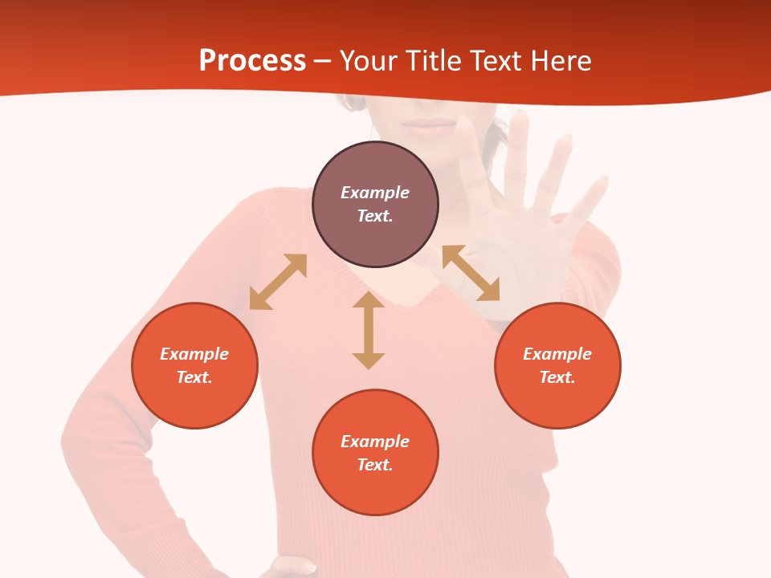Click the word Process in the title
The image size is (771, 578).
pos(252,61)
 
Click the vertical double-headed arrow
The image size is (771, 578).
pos(369,330)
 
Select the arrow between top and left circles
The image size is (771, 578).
pos(278,282)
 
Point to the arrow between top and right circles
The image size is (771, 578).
pos(471,273)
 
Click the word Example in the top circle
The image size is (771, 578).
pos(375,193)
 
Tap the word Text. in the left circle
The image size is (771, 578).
pos(194,377)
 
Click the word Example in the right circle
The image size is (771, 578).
pos(557,354)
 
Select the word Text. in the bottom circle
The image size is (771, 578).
pos(375,465)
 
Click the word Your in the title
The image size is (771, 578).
pos(366,61)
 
